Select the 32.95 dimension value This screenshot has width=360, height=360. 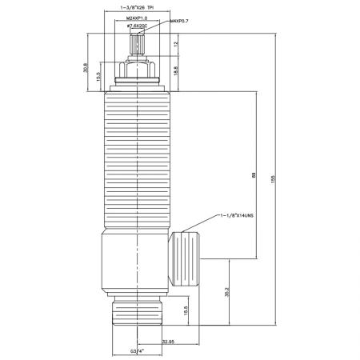[x=168, y=342]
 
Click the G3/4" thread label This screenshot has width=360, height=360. [x=140, y=350]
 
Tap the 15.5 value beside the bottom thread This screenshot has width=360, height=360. [x=185, y=310]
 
